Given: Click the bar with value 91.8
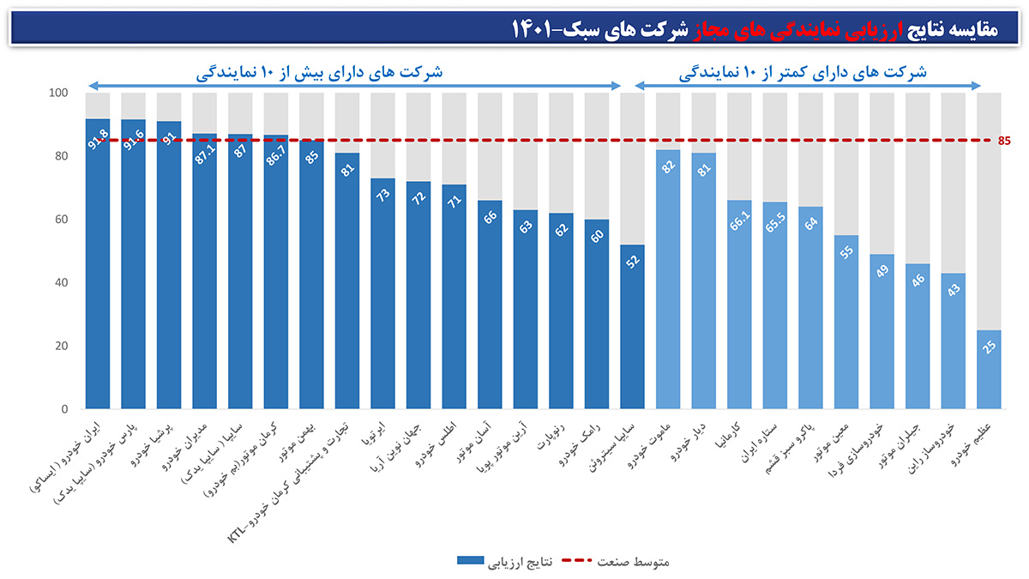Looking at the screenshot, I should (x=98, y=266).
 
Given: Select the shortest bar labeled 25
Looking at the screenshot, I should (x=990, y=371).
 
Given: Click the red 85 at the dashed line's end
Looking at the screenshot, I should (x=1005, y=141).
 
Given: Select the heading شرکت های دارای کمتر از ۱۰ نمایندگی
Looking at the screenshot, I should (x=806, y=72).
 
